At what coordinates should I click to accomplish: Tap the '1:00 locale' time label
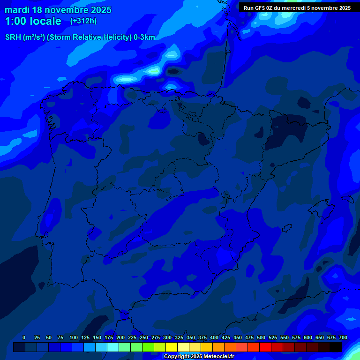tap(33, 22)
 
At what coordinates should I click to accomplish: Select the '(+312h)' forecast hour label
tap(83, 21)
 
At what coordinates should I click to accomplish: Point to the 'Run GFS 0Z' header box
tap(297, 7)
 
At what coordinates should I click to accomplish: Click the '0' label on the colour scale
tap(24, 337)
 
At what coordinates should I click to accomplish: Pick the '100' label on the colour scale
tap(74, 337)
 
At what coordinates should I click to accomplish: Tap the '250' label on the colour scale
tap(144, 337)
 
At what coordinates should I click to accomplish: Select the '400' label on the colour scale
tap(214, 337)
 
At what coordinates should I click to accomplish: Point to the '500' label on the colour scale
tap(261, 337)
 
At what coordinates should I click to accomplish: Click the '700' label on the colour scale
tap(343, 337)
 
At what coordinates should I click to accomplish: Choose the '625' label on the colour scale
tap(320, 337)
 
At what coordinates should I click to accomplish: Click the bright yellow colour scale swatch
tap(172, 347)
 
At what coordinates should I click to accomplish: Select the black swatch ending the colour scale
tap(336, 347)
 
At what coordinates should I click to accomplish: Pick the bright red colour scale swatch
tap(265, 347)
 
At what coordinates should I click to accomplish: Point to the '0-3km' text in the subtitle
tap(143, 37)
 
